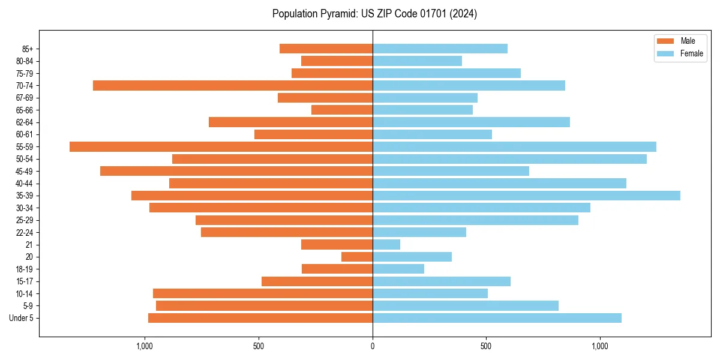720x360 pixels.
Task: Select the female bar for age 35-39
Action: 526,196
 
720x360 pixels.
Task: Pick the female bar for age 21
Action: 386,244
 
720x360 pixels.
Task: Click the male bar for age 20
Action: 357,257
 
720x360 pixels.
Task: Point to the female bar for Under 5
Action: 497,318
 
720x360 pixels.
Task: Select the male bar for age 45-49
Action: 236,171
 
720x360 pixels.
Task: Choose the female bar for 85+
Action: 440,49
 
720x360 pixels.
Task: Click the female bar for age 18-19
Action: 398,269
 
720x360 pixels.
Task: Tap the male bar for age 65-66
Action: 342,110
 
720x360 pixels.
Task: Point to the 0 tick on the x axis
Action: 373,346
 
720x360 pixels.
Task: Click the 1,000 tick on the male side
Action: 145,346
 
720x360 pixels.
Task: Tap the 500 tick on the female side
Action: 487,346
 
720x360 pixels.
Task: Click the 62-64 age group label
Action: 25,122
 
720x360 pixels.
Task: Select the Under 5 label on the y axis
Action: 21,318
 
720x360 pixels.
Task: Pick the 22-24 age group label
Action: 25,232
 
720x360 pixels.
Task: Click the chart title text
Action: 374,14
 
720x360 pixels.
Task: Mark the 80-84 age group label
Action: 25,61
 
